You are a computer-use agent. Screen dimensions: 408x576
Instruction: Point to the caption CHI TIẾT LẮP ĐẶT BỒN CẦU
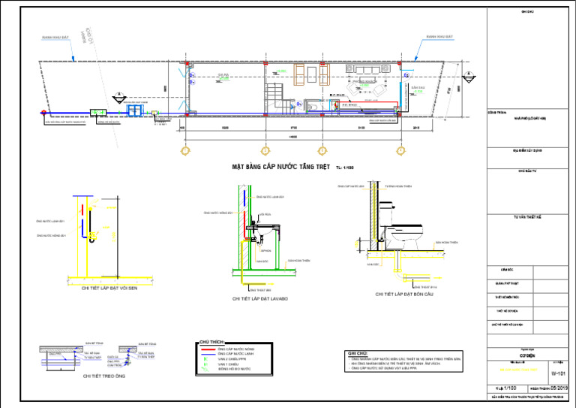[x=405, y=294]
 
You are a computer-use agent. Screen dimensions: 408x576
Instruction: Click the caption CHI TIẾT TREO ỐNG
[x=104, y=376]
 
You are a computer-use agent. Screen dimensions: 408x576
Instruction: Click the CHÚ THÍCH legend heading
[x=211, y=340]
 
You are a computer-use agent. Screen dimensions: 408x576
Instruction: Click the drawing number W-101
[x=558, y=373]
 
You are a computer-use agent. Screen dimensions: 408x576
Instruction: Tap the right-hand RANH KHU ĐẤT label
[x=439, y=36]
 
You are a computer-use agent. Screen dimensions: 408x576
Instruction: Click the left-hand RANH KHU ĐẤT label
[x=55, y=36]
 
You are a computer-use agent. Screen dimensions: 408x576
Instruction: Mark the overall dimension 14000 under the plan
[x=292, y=138]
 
